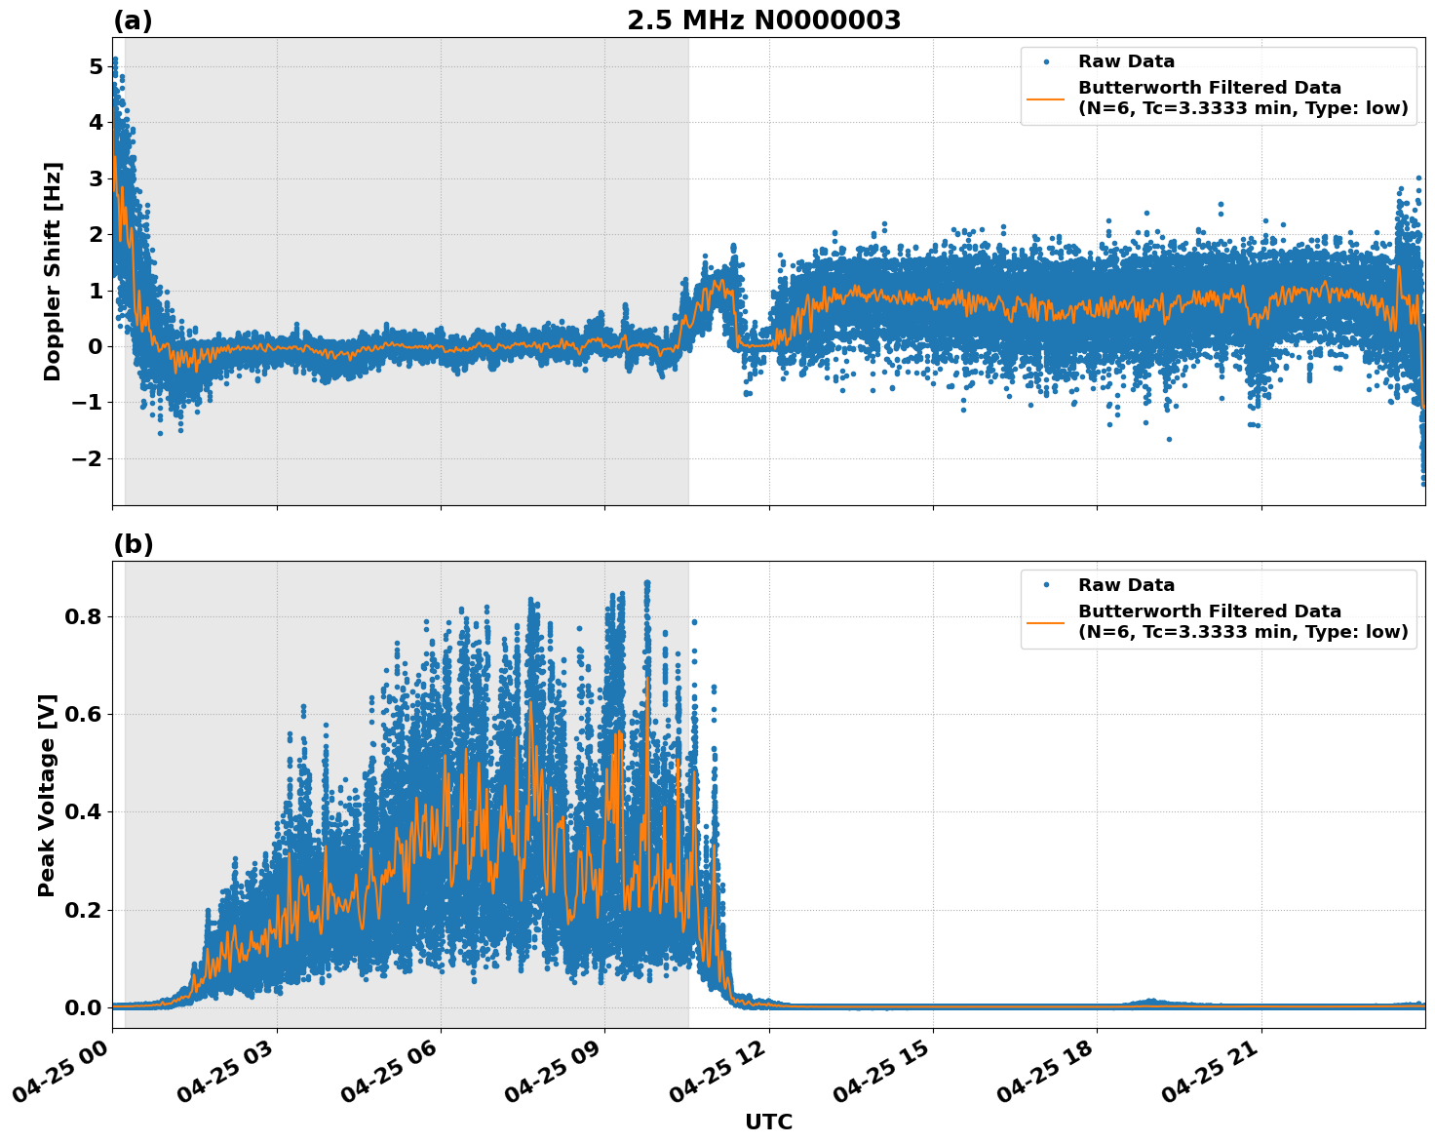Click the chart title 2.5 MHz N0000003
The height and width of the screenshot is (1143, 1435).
(x=763, y=20)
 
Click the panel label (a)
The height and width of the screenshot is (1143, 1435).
(x=133, y=20)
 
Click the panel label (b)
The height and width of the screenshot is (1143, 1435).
(x=133, y=544)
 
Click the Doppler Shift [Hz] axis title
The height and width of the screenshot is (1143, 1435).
(x=53, y=271)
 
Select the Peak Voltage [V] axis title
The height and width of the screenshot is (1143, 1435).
(x=47, y=795)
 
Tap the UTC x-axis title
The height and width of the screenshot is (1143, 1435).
(x=768, y=1122)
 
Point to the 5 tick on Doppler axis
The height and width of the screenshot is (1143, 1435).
(x=96, y=66)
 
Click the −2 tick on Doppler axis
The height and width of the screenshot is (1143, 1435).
(x=88, y=458)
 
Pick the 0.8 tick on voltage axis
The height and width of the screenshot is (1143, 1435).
(x=84, y=616)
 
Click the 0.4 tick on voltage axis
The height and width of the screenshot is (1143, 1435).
(x=84, y=812)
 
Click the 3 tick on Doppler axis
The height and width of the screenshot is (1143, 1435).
(x=96, y=178)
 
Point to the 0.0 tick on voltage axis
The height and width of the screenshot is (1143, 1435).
(x=84, y=1007)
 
